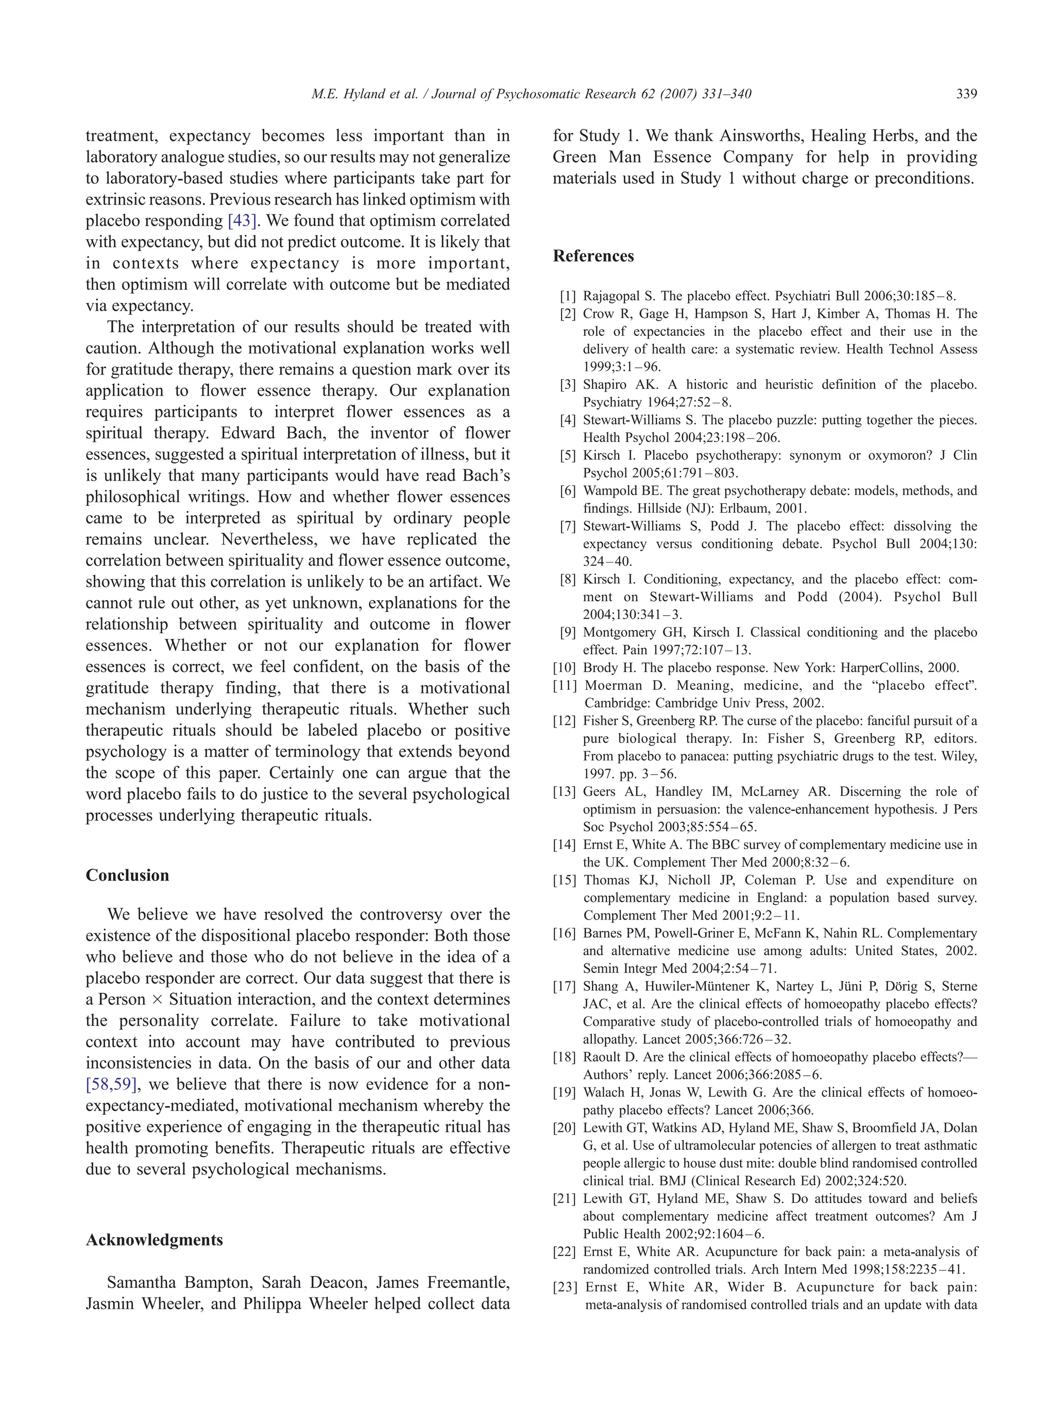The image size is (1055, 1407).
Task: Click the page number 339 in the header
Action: (966, 94)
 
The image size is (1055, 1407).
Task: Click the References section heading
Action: (593, 257)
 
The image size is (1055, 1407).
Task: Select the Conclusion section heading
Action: (127, 875)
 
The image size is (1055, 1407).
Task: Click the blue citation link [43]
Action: (242, 221)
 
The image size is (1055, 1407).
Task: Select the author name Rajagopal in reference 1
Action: (617, 296)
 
